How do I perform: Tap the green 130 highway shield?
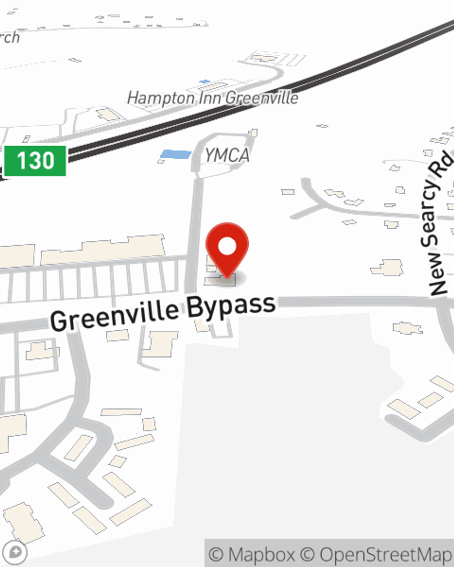(35, 161)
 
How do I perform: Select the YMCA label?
(227, 156)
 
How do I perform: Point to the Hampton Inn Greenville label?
(212, 98)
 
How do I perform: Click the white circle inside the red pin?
(227, 247)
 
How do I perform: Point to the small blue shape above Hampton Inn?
(205, 82)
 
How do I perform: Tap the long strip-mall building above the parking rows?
(103, 250)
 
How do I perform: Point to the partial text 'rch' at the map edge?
(10, 37)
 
